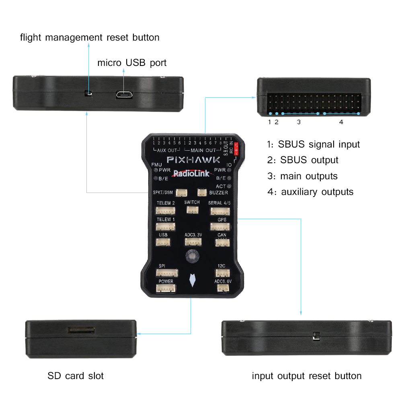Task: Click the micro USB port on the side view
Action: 125,95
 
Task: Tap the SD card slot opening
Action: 82,330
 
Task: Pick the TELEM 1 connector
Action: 166,226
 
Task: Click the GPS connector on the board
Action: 220,226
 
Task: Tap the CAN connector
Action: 222,242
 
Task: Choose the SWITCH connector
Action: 192,209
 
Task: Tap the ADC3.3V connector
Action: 193,242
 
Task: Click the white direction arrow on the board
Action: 193,280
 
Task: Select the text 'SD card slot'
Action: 76,376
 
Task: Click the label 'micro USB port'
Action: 132,63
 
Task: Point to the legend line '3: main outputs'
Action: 302,176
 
